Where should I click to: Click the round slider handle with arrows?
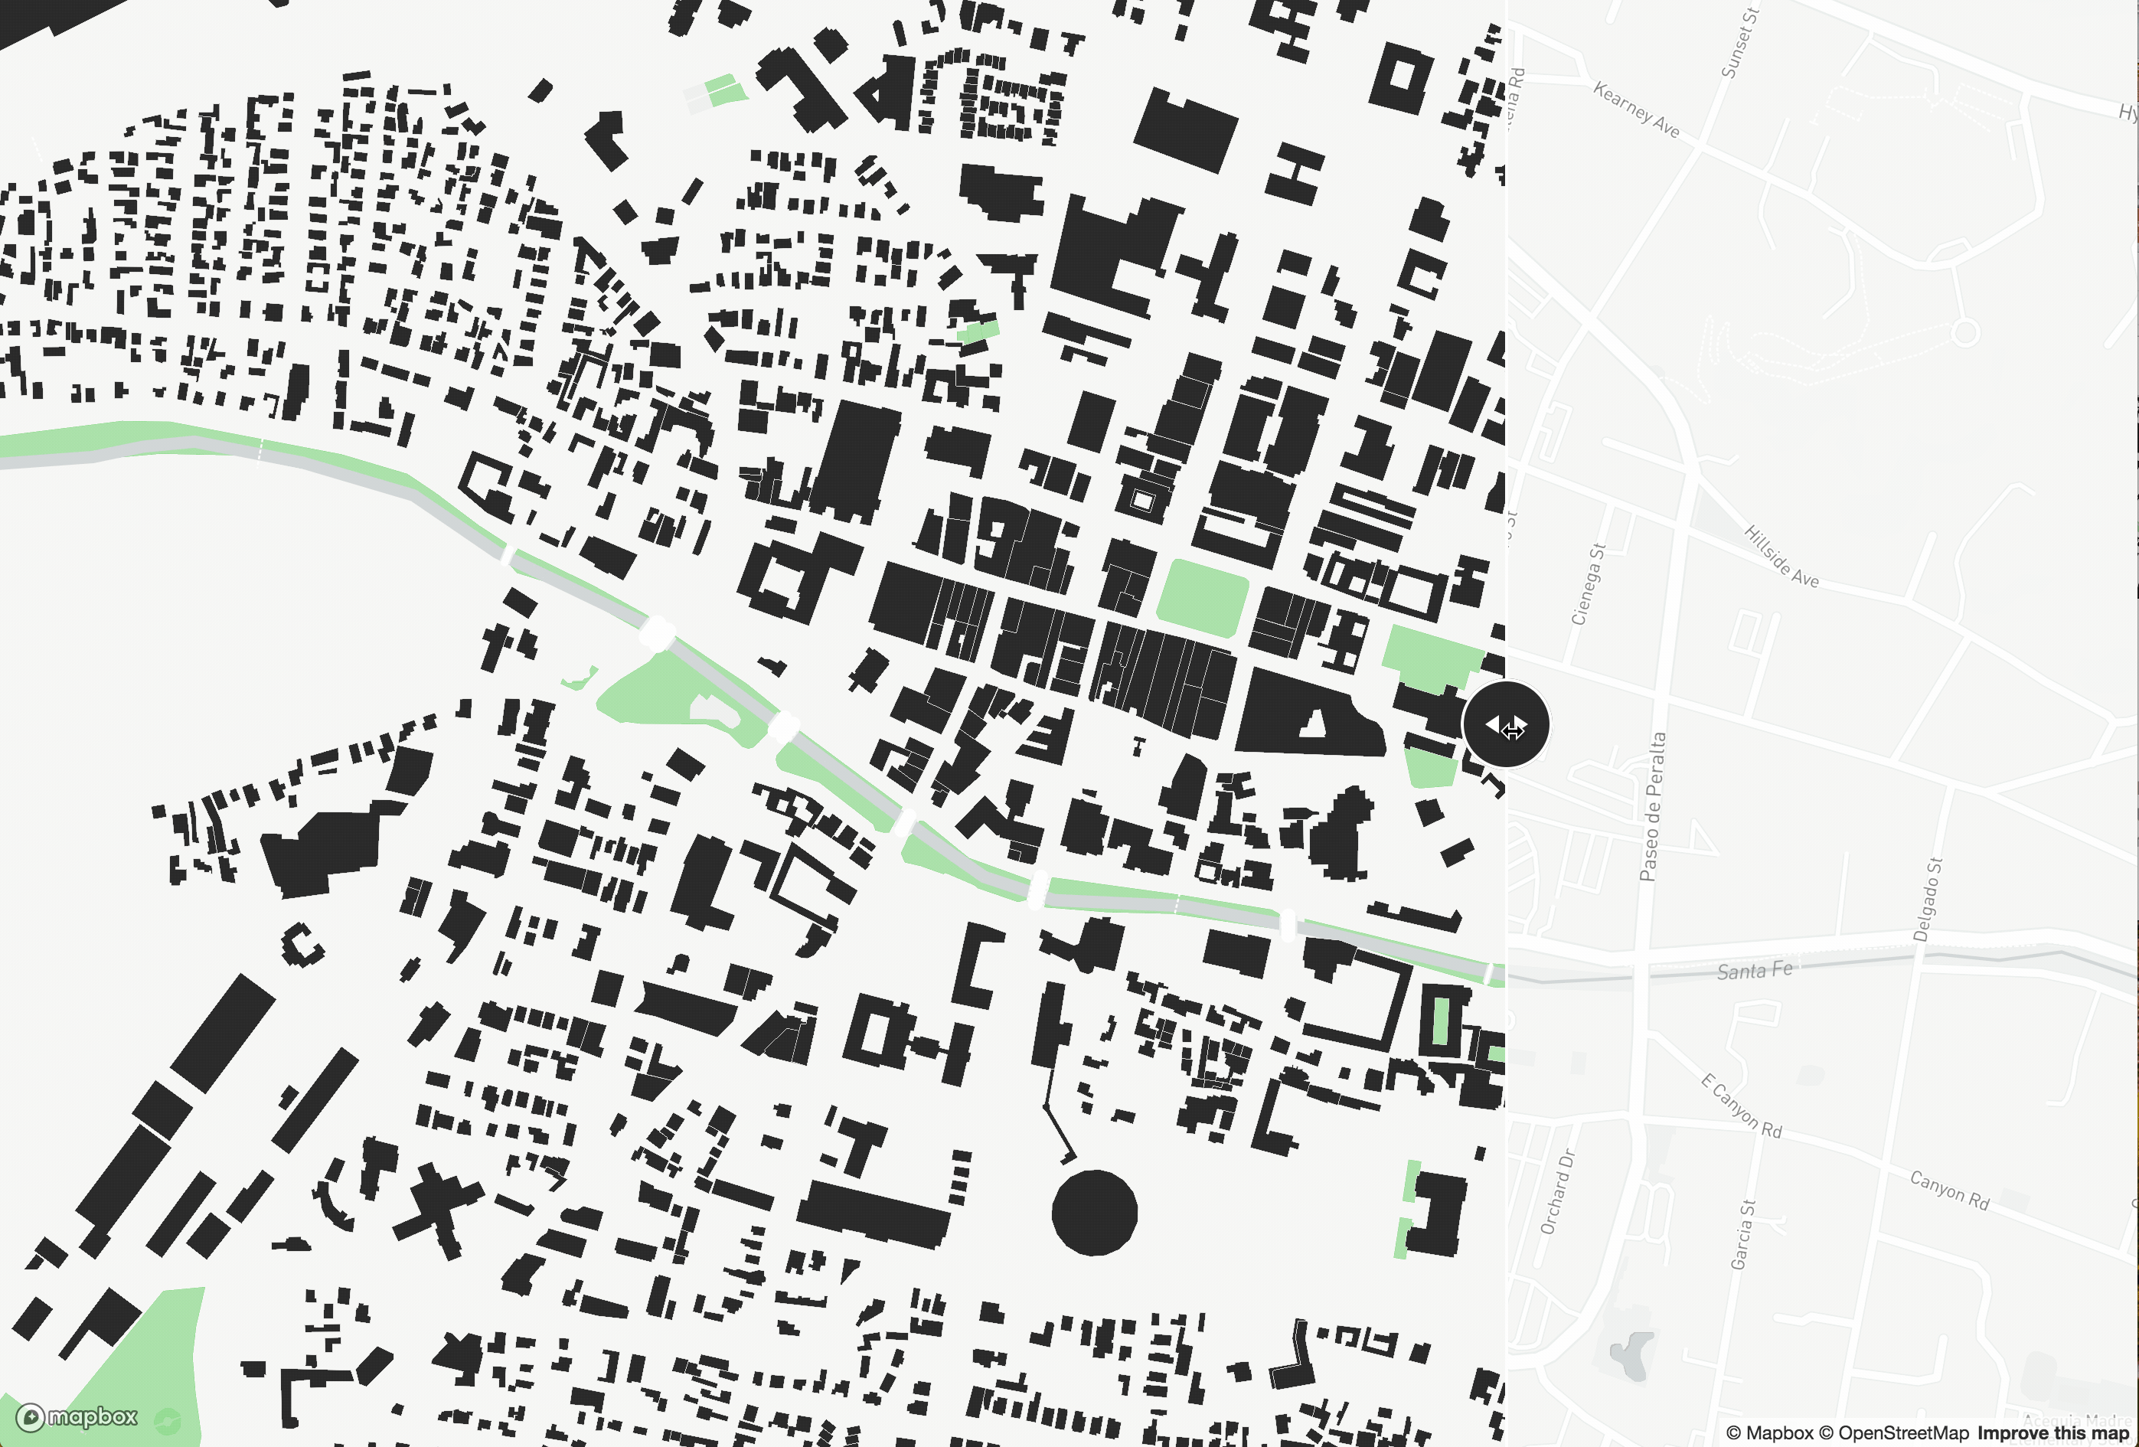pos(1505,724)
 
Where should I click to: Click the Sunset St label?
pos(1739,44)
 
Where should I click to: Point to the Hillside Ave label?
pos(1781,556)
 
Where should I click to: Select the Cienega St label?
pos(1588,583)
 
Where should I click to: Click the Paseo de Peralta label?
pos(1653,806)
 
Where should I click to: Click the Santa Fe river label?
pos(1754,970)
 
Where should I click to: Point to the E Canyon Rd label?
pos(1740,1106)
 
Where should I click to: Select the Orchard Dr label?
pos(1557,1191)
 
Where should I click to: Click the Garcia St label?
pos(1742,1234)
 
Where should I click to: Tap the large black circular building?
pos(1094,1212)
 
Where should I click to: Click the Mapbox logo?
pos(77,1416)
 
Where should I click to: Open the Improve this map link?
pos(2052,1433)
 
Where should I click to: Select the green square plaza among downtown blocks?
pos(1201,596)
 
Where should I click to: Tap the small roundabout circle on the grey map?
pos(1965,332)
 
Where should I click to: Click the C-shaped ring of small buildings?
pos(301,945)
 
